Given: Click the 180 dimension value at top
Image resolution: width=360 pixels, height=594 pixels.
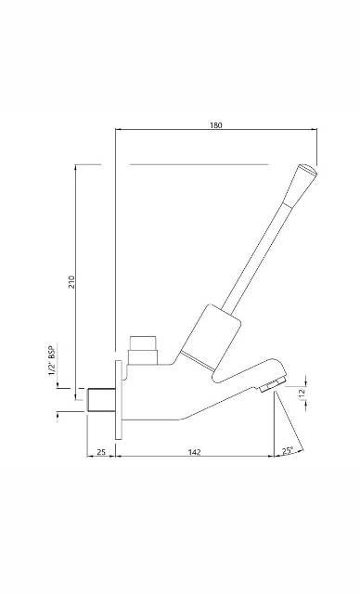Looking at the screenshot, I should point(216,124).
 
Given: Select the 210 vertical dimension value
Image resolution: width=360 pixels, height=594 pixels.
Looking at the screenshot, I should point(71,281).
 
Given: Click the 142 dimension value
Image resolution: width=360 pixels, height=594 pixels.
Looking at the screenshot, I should point(195,452).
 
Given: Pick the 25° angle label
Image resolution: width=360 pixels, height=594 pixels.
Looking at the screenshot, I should point(288,451).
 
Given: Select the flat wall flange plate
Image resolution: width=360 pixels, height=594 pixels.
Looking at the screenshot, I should point(117,400).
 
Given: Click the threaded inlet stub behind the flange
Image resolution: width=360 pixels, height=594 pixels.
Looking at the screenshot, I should point(97,400).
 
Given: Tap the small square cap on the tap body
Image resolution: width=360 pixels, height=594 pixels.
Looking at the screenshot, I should point(143,348).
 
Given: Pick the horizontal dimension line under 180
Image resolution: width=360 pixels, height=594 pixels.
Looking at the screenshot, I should point(216,131).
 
